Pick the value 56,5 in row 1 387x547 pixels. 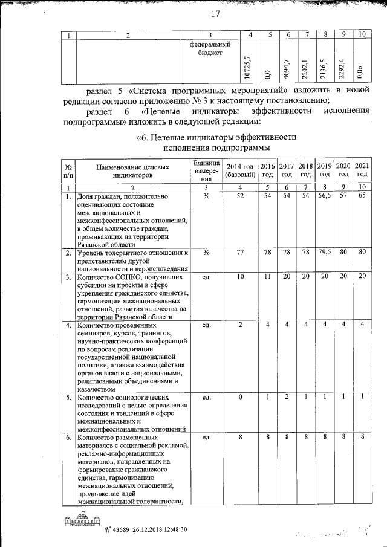[325, 196]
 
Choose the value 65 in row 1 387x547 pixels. [362, 196]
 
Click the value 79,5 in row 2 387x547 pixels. [325, 252]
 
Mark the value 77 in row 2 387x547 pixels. [240, 252]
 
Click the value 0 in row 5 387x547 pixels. [240, 397]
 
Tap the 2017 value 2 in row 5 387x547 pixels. [287, 397]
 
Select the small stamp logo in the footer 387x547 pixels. [82, 519]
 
